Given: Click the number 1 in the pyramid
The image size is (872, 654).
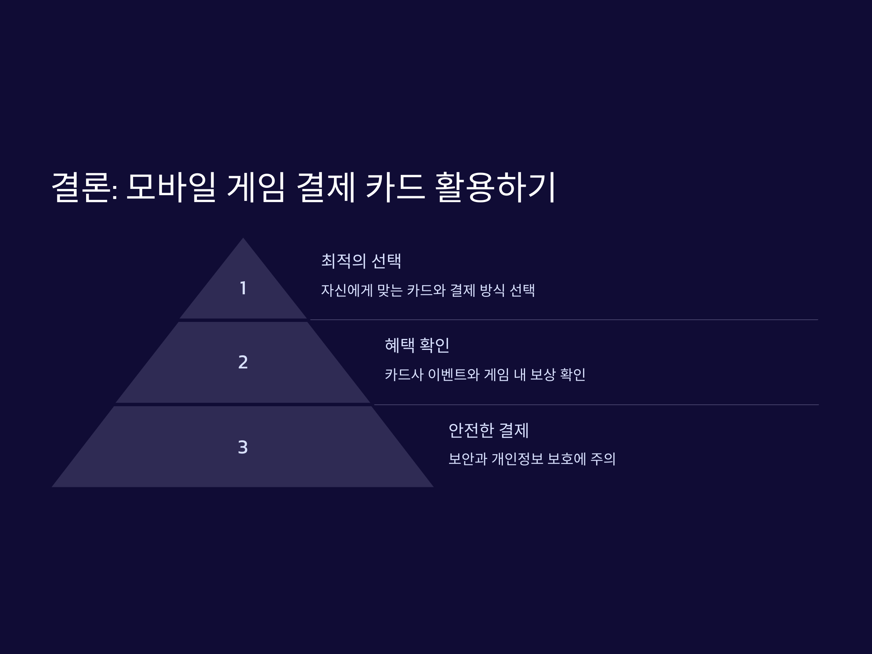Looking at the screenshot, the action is point(243,288).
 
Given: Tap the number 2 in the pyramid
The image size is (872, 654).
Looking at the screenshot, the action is point(243,362).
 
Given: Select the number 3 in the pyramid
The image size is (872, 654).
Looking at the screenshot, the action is point(243,447).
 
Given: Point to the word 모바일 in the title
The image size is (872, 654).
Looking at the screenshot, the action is point(171,187).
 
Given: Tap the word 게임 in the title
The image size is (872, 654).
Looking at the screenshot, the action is point(256,187).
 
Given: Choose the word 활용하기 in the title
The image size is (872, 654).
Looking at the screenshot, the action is point(495,187).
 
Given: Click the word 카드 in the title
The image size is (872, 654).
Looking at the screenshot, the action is point(395,187).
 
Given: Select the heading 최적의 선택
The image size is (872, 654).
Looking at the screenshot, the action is point(361,261).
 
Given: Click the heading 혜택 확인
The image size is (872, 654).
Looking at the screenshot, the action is point(417,345).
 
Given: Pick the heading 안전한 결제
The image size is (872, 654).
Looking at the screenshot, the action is point(488,430).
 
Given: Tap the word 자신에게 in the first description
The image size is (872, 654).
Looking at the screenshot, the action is point(347,291).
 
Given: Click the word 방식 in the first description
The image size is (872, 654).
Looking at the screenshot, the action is point(492,291).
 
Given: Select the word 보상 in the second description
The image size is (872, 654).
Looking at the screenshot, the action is point(542,375).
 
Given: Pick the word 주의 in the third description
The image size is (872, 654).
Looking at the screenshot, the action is point(603,459).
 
